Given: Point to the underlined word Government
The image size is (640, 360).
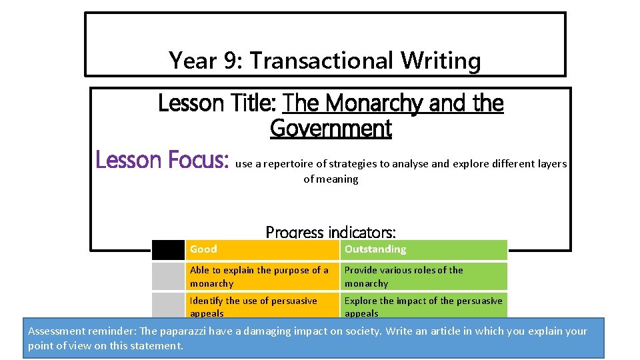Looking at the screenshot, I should tap(331, 128).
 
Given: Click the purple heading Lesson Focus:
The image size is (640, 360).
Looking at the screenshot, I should tap(163, 161).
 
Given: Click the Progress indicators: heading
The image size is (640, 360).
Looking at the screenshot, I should tap(331, 232).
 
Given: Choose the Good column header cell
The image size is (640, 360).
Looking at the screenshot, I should tap(261, 249).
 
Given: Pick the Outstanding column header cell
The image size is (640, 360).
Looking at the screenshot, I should tap(423, 249).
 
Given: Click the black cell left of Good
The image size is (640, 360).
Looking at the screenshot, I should tap(168, 249).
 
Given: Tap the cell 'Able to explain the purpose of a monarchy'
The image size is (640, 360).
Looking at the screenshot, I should tap(261, 277).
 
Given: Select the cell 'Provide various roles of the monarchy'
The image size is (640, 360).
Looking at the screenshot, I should tap(423, 277).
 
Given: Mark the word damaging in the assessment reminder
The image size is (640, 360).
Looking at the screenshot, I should tap(261, 331).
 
